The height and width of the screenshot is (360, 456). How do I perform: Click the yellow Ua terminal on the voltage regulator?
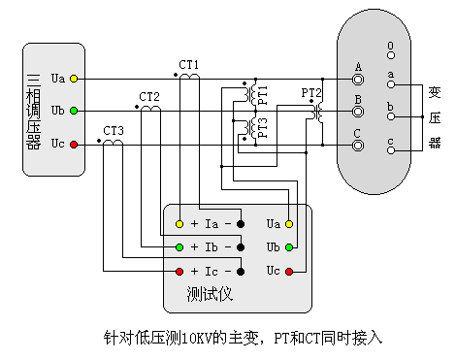click(x=74, y=78)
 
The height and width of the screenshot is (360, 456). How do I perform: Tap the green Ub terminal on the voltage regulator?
click(x=74, y=111)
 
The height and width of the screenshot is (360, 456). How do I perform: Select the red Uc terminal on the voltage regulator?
click(x=74, y=145)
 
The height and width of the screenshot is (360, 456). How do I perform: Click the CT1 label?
click(x=188, y=64)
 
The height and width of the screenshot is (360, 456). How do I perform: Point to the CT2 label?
click(x=148, y=97)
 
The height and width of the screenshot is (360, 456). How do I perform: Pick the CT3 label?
click(x=114, y=130)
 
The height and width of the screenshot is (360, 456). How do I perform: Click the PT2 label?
click(x=311, y=93)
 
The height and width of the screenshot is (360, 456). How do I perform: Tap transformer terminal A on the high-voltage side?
click(x=358, y=79)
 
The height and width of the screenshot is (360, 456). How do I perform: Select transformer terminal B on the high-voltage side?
click(x=358, y=112)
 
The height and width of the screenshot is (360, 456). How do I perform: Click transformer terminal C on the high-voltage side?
click(x=358, y=146)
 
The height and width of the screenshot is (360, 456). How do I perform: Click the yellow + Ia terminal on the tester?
click(x=179, y=224)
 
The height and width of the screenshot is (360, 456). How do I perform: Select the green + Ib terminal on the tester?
click(x=179, y=247)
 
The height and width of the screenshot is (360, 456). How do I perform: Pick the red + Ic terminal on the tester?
click(x=179, y=271)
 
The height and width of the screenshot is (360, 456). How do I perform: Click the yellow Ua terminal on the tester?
click(x=288, y=224)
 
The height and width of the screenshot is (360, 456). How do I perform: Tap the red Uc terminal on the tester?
click(x=288, y=271)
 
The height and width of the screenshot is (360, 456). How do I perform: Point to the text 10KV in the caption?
click(x=198, y=339)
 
